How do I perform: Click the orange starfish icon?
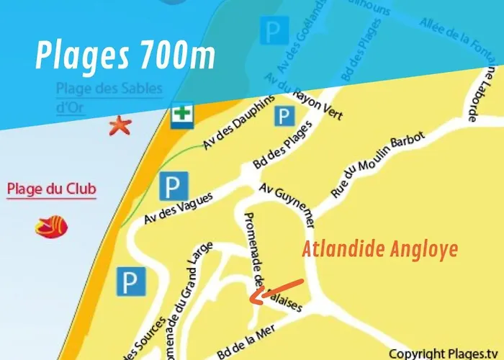pos(120,126)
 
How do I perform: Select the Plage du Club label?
pos(51,190)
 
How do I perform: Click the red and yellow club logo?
pos(53,226)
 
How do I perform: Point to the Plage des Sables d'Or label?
pos(109,97)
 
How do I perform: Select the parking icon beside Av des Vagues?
pos(173,187)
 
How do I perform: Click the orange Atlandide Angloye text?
pos(379,250)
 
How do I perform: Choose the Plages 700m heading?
pos(125,56)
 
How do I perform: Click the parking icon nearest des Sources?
pos(131,282)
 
